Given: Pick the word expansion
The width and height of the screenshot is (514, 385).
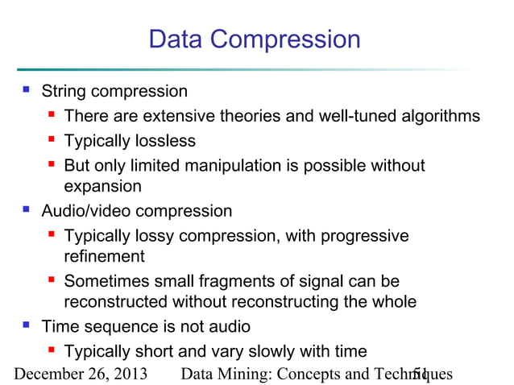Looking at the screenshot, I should coord(102,187).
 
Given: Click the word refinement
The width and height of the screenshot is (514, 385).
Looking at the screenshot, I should coord(104,257).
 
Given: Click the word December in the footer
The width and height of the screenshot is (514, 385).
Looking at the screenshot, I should coord(48,375).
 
